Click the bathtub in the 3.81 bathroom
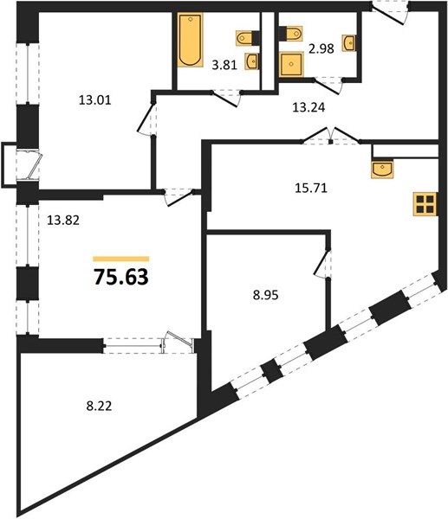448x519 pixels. click(x=190, y=40)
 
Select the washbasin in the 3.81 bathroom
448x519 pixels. click(x=251, y=61)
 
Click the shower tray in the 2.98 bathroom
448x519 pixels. click(x=291, y=64)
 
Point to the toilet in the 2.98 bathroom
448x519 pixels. click(x=291, y=34)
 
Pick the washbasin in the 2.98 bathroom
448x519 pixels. click(x=349, y=43)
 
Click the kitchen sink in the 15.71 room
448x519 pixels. click(x=382, y=170)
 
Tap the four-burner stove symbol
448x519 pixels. click(x=425, y=204)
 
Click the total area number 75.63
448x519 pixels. click(x=121, y=277)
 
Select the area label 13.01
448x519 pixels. click(x=94, y=100)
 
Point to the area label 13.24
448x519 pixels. click(x=308, y=107)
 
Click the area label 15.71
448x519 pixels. click(x=311, y=188)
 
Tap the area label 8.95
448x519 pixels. click(x=266, y=295)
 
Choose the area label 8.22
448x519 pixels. click(x=99, y=406)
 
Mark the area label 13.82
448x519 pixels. click(x=63, y=220)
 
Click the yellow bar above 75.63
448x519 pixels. click(x=121, y=259)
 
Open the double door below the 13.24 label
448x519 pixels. click(x=331, y=136)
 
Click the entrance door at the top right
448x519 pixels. click(x=390, y=13)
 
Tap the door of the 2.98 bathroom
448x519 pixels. click(x=328, y=86)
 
